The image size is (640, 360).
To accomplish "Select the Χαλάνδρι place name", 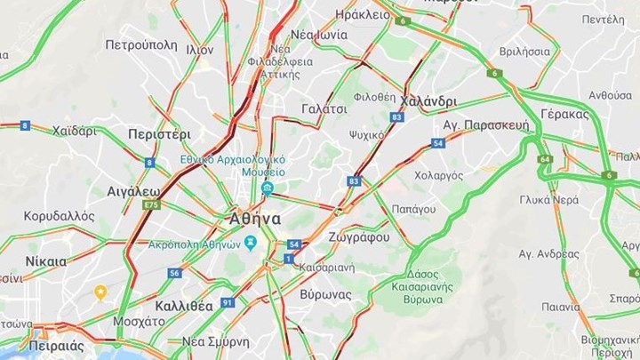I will point(429,100).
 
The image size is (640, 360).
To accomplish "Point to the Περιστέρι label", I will point(160,134).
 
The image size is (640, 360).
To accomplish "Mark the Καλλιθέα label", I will point(184,305).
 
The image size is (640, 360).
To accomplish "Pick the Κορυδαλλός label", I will point(59,216).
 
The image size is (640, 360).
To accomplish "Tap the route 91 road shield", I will point(228,303).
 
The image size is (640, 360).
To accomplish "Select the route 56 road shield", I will point(174,273).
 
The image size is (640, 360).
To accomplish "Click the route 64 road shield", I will point(545,160).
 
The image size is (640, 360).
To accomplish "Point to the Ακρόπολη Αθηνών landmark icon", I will point(252,244).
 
